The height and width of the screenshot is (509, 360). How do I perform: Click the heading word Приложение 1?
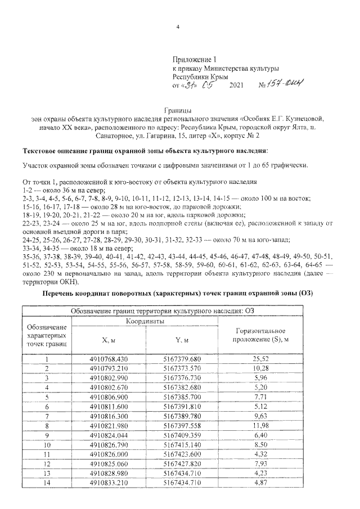pos(194,59)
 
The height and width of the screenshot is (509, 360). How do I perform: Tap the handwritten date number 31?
pos(193,85)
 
